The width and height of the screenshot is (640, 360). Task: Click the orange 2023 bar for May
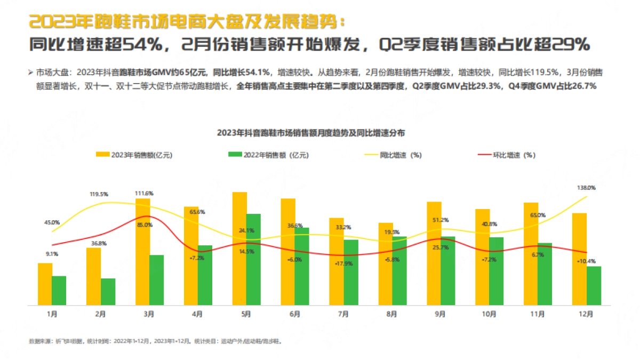[x=239, y=249]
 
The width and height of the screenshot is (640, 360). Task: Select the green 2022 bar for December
[x=594, y=286]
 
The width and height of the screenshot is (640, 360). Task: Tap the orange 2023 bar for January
[x=45, y=284]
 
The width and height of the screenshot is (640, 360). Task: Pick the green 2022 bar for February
[x=108, y=292]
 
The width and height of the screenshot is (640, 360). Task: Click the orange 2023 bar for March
[x=142, y=252]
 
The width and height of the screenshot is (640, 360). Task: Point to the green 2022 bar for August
[x=399, y=271]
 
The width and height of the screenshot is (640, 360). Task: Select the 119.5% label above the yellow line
[x=99, y=194]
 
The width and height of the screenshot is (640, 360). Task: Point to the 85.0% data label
[x=145, y=225]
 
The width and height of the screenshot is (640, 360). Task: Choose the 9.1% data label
[x=52, y=254]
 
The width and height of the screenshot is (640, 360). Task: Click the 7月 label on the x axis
[x=343, y=315]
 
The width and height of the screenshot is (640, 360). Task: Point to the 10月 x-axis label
[x=489, y=315]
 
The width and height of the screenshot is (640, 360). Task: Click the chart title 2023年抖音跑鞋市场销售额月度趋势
[x=314, y=132]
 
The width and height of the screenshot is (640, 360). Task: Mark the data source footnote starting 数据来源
[x=155, y=340]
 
